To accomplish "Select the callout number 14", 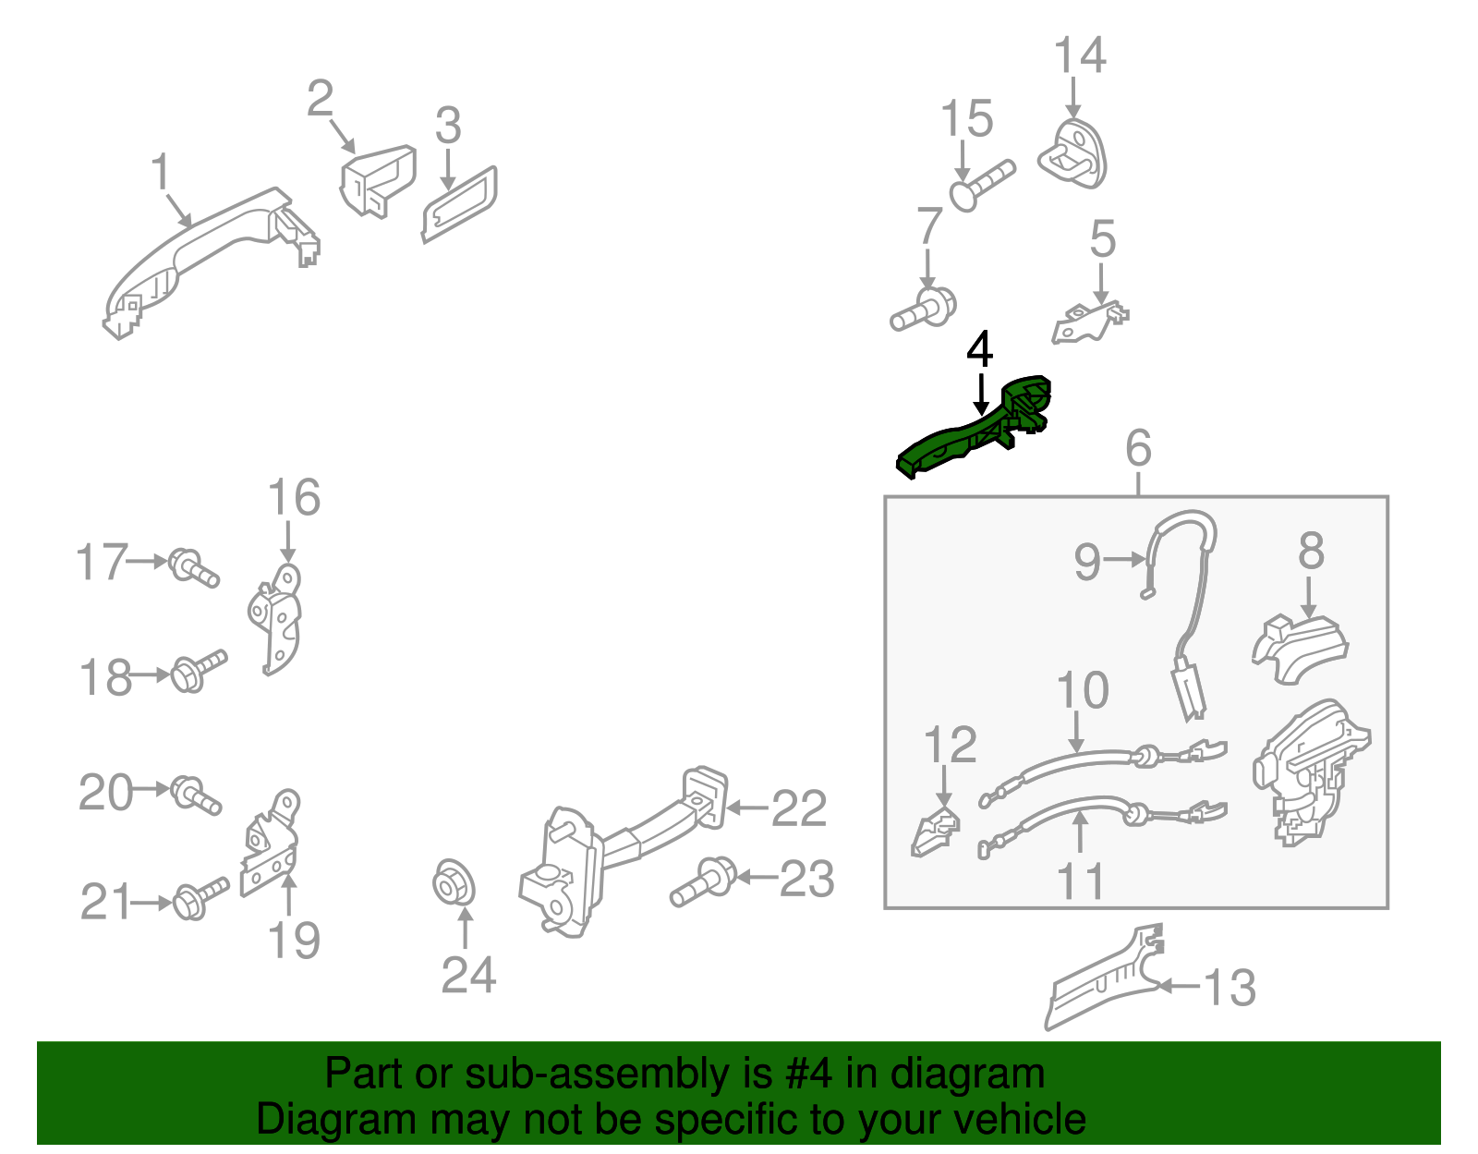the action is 1080,55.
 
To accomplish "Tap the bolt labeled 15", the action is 981,187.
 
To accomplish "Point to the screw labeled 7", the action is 923,310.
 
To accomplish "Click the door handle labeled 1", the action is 211,261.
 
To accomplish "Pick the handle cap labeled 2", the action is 378,180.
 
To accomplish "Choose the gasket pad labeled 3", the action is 459,204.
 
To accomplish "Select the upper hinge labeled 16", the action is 274,619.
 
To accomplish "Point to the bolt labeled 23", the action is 703,881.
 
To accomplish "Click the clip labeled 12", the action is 936,832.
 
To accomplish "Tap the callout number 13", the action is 1230,988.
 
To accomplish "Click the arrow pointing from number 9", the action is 1125,560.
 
